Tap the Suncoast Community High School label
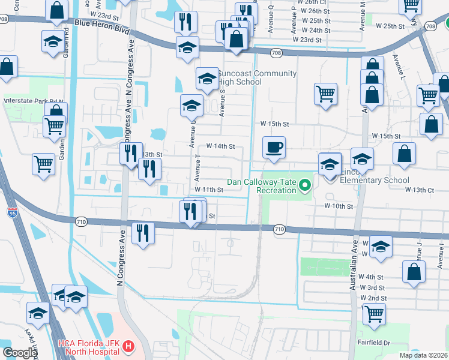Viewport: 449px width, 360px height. pos(258,78)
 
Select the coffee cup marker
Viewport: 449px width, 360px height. pos(274,147)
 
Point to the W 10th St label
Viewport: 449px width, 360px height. pos(339,206)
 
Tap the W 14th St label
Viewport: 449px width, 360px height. pos(220,146)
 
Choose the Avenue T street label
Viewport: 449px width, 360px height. pos(197,169)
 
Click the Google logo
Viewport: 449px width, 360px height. pos(20,353)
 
